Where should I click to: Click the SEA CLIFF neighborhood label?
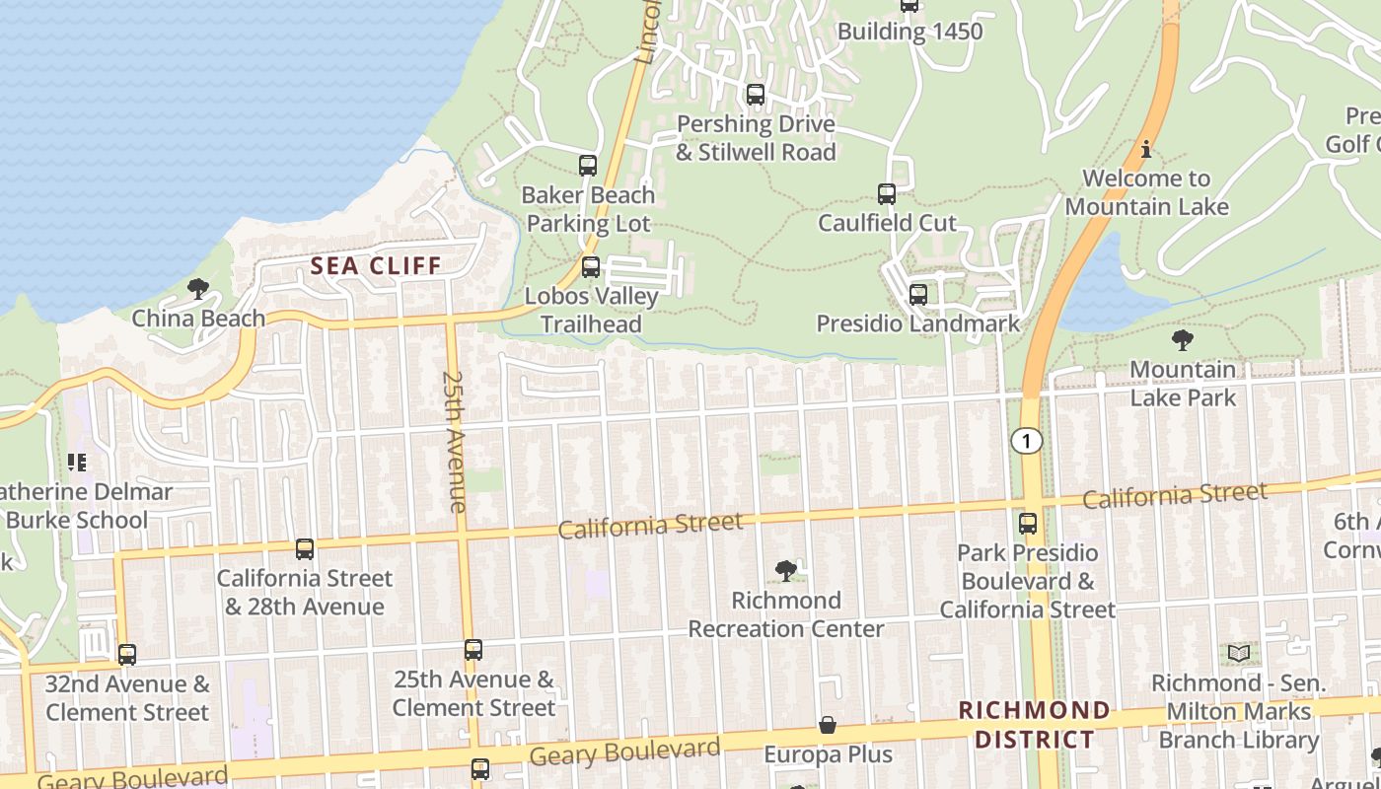coord(375,265)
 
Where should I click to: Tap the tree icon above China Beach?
coord(198,289)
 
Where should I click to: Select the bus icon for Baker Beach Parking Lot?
coord(588,166)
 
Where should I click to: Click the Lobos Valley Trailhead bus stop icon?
coord(591,266)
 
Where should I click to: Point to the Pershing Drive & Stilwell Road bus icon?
coord(756,95)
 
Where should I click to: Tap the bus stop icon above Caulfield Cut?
coord(887,194)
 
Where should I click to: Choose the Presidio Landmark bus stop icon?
coord(918,294)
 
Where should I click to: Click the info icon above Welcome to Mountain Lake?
coord(1146,150)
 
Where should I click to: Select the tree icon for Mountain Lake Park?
coord(1182,341)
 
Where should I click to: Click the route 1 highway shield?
coord(1027,441)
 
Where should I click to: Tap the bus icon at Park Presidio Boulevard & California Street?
coord(1028,524)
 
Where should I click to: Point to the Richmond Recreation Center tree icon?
coord(786,571)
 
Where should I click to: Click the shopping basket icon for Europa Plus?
coord(828,726)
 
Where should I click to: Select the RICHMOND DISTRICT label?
coord(1034,725)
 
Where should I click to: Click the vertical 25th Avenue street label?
coord(454,441)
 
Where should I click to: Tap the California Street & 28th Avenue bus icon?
coord(305,549)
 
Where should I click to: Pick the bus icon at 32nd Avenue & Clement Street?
coord(127,655)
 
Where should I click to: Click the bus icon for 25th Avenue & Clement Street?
coord(473,650)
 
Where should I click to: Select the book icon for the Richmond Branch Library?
coord(1239,653)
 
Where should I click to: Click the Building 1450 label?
coord(909,32)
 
